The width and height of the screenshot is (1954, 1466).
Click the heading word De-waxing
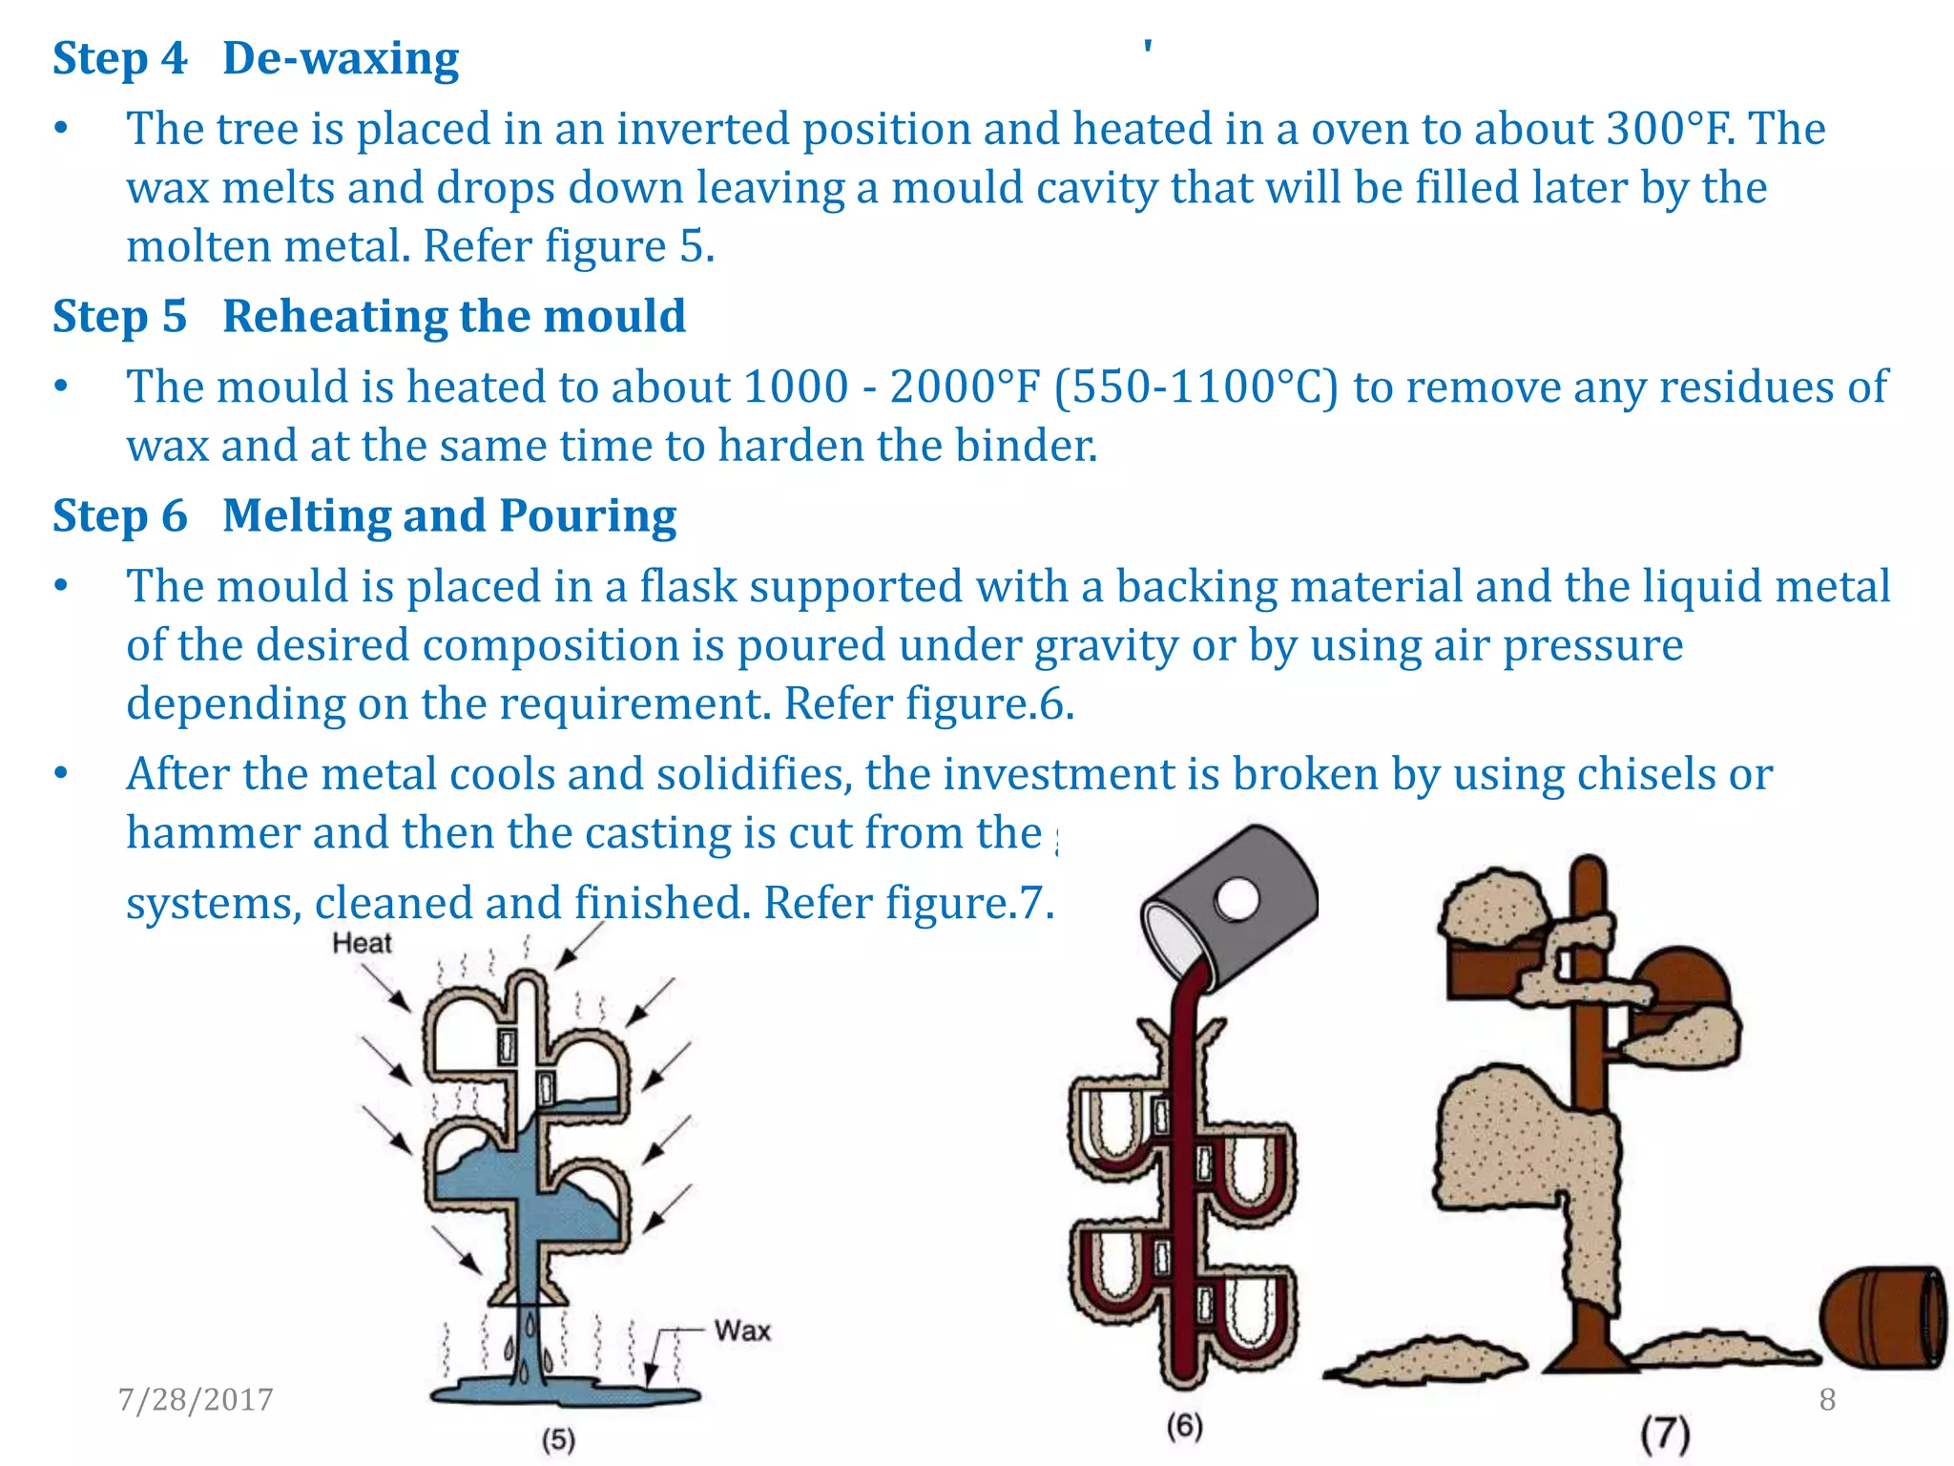341,58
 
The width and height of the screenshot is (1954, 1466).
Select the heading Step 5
119,316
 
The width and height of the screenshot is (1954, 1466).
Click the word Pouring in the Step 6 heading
588,515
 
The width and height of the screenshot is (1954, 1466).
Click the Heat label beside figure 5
362,943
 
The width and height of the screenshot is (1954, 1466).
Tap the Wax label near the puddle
742,1330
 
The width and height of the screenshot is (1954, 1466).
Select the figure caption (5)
558,1439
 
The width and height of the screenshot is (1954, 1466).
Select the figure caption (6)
1184,1426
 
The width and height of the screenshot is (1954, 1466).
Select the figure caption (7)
1665,1434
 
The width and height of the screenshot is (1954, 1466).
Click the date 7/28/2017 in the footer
196,1399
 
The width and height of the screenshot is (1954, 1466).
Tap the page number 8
1827,1399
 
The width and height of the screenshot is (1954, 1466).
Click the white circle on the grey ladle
1237,899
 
